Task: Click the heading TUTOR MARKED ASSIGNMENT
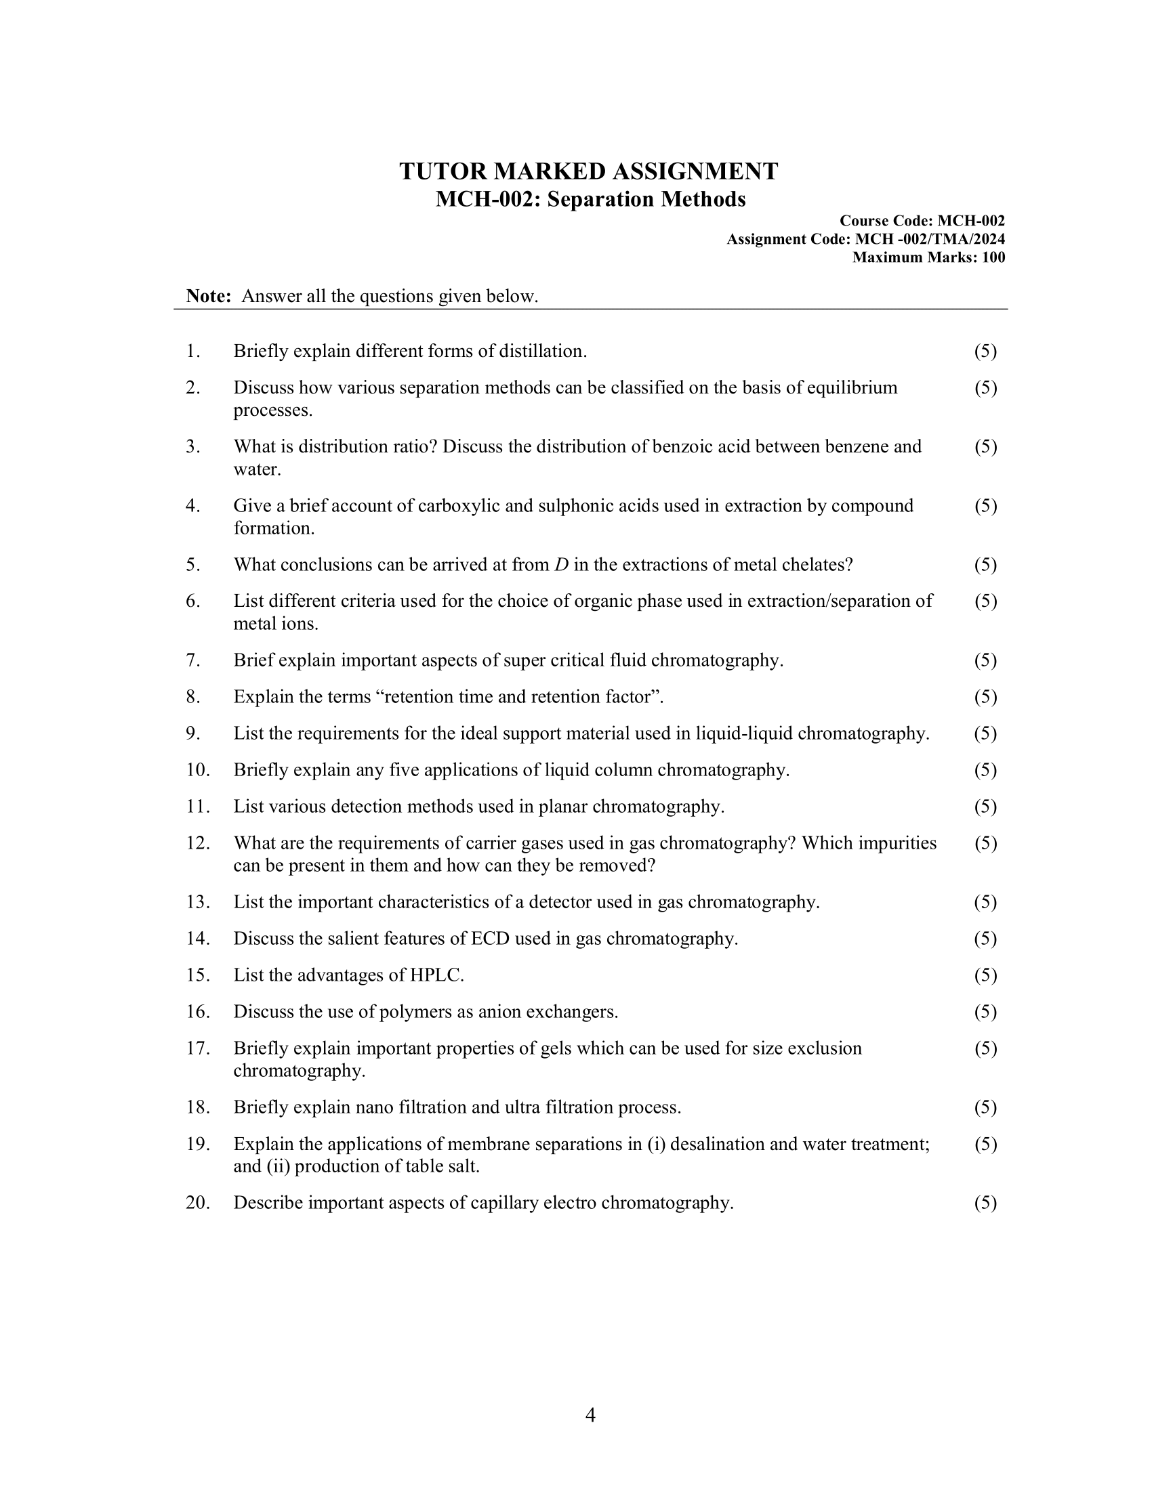(588, 171)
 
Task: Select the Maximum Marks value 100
(993, 258)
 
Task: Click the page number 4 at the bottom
(590, 1415)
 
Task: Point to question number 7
(192, 660)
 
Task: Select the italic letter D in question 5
(562, 565)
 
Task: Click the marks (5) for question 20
(985, 1203)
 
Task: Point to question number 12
(197, 843)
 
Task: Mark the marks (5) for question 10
(985, 770)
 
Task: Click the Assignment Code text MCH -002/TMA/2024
(930, 240)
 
